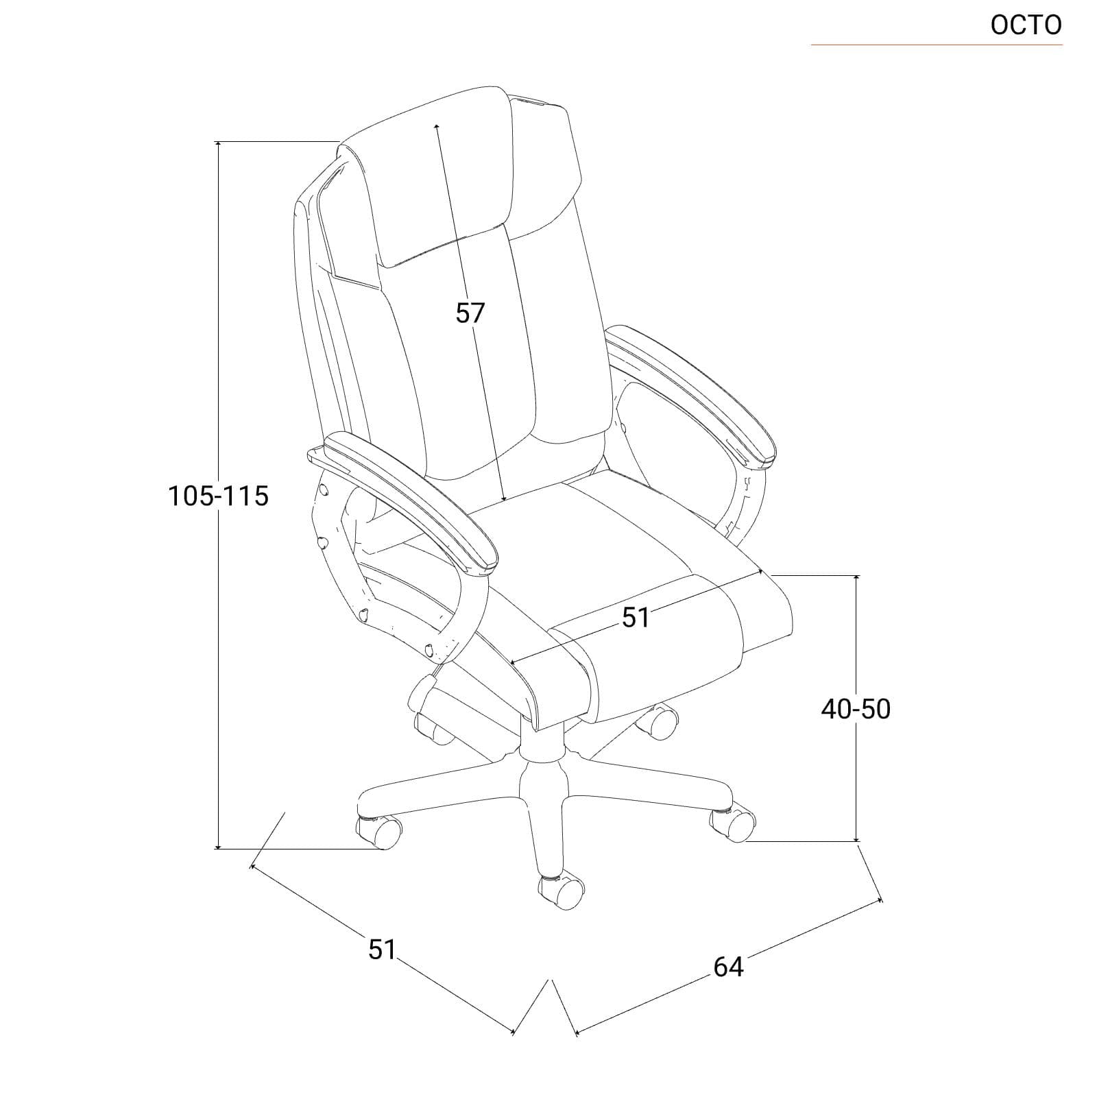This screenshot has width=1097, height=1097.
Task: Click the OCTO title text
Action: pyautogui.click(x=1026, y=25)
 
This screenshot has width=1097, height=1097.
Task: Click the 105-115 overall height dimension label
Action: pyautogui.click(x=219, y=495)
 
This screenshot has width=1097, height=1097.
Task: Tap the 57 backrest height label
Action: pyautogui.click(x=470, y=313)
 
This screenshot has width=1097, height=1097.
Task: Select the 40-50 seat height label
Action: pyautogui.click(x=856, y=709)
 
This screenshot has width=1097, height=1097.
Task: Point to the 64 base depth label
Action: pyautogui.click(x=728, y=967)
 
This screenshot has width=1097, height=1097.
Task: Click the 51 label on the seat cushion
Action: pyautogui.click(x=636, y=618)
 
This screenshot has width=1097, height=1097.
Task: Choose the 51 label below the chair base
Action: pyautogui.click(x=383, y=949)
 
